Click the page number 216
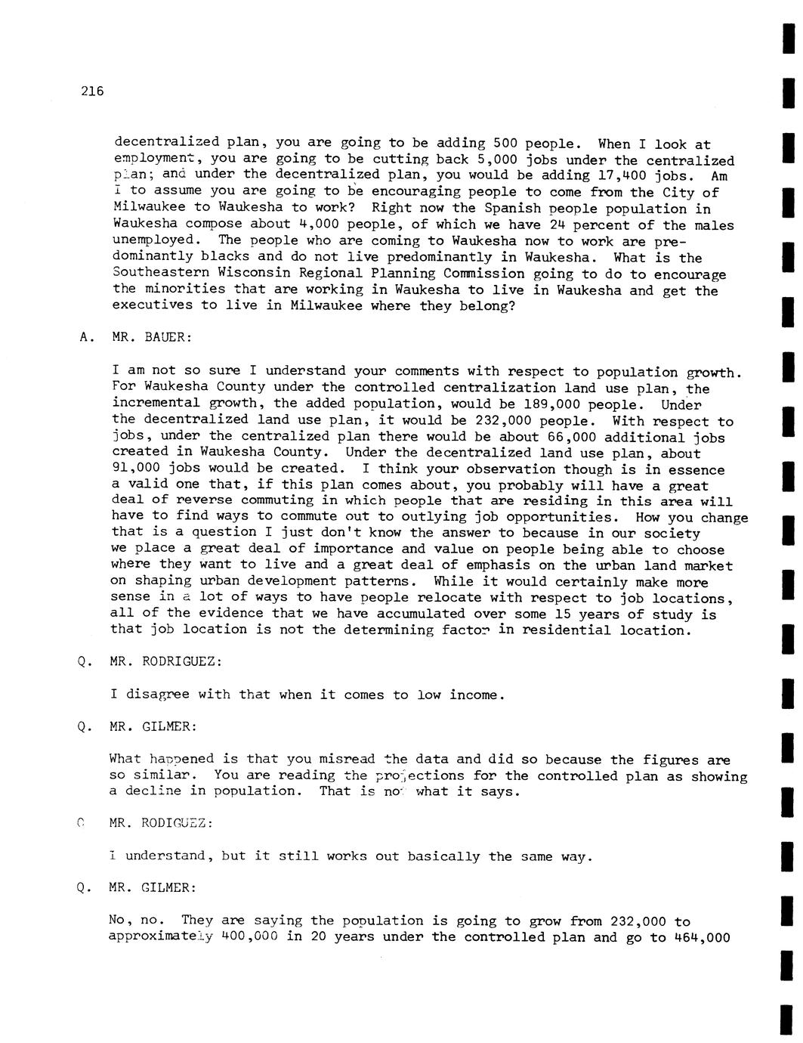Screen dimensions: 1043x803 [91, 92]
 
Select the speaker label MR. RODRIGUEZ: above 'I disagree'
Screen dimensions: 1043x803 [166, 662]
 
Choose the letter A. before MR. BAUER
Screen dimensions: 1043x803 [84, 338]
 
